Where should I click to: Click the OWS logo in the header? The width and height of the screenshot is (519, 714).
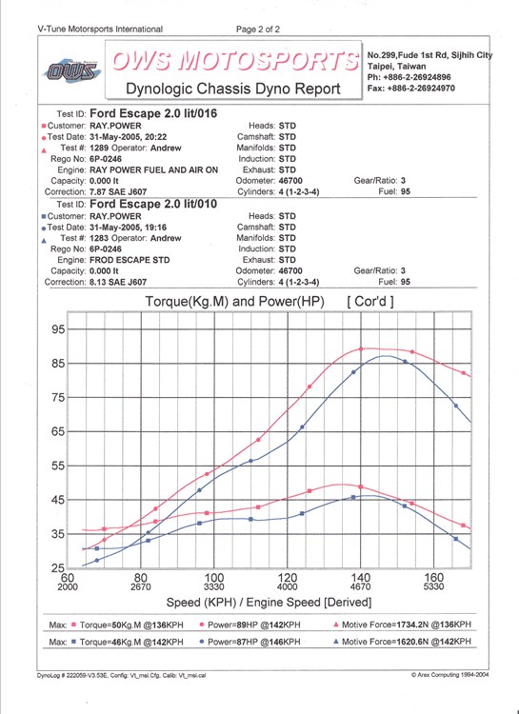72,70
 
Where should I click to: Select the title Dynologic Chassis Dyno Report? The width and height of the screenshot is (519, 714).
233,89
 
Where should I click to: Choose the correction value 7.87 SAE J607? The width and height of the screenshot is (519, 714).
118,192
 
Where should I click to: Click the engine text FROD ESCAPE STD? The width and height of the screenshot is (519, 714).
130,260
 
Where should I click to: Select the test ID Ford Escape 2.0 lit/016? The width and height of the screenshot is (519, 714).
153,113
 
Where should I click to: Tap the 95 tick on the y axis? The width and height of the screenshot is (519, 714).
57,329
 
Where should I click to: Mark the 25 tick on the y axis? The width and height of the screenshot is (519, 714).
57,568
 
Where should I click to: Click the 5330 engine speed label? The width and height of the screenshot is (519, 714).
433,587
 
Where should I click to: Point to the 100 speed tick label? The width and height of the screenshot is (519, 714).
214,578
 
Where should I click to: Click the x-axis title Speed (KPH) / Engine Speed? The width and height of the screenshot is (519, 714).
269,603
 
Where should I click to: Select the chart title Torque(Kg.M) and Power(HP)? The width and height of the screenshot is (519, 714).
234,302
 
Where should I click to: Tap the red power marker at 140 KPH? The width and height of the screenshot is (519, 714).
360,348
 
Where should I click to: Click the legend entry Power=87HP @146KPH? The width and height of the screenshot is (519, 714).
250,642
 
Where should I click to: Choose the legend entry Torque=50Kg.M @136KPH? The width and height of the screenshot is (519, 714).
128,625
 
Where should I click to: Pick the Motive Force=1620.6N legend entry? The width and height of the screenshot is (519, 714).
403,642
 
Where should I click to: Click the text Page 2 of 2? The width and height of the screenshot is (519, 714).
258,30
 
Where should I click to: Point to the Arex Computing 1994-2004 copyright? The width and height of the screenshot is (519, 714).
449,675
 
